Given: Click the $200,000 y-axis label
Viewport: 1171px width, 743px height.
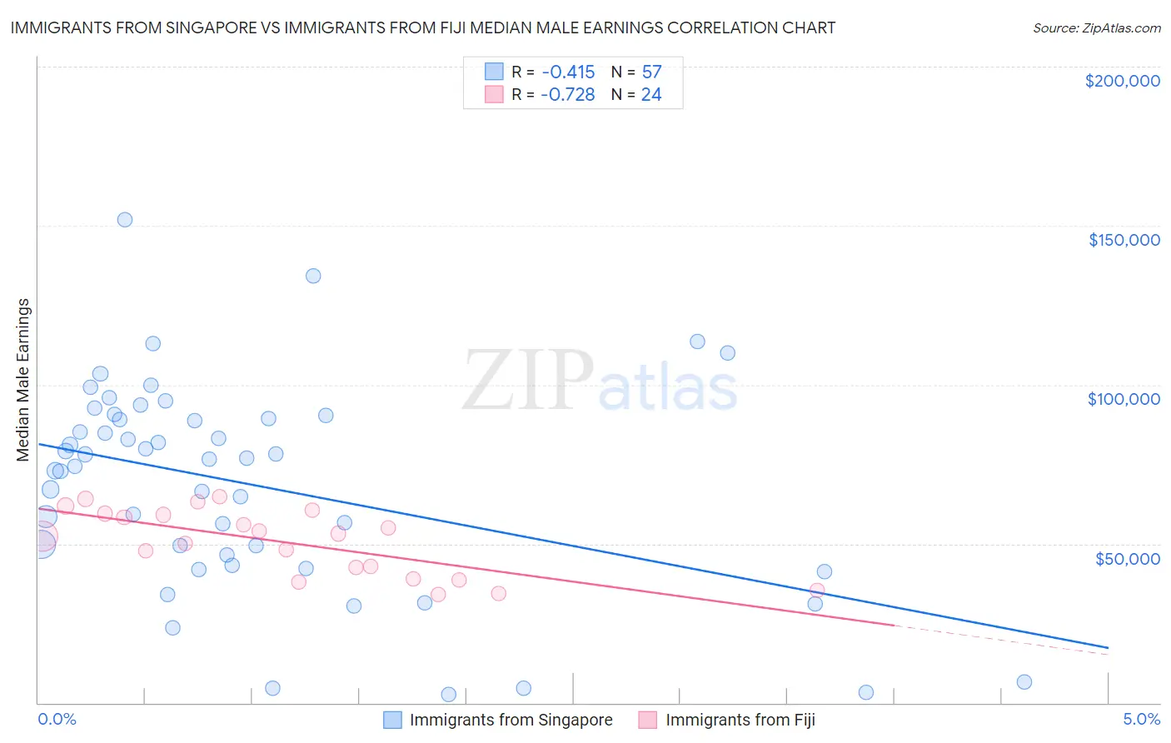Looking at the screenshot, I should (x=1122, y=81).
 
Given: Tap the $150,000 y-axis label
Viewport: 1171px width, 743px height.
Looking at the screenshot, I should (x=1124, y=240).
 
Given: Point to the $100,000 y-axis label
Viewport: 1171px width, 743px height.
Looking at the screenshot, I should (x=1124, y=399).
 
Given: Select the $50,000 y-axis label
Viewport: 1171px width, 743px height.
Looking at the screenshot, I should (x=1127, y=558).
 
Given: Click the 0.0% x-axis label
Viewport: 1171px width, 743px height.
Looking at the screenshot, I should (x=57, y=719).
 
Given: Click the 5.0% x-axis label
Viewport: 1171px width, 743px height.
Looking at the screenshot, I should (x=1141, y=719).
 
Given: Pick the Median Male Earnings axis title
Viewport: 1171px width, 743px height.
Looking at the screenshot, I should (x=23, y=380).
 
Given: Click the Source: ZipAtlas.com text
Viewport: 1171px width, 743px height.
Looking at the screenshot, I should (x=1096, y=27).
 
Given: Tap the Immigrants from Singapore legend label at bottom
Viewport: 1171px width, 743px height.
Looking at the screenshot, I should (x=511, y=720).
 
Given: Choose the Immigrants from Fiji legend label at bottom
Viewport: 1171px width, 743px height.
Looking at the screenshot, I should (x=740, y=720).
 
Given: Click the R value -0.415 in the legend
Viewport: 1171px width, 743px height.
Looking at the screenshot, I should (x=568, y=72).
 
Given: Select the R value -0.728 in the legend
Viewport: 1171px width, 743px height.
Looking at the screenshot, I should (x=567, y=95).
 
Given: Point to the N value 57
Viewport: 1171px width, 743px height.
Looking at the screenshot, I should (x=651, y=72).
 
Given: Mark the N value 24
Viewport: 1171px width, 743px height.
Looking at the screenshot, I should (x=651, y=95).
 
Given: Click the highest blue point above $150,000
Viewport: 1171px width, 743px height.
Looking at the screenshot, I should (x=125, y=220).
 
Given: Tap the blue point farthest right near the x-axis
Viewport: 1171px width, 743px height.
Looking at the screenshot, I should (x=1024, y=682).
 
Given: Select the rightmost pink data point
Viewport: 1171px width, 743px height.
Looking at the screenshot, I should (x=817, y=591).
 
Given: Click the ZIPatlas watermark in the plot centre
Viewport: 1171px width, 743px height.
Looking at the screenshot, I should (x=600, y=381).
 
